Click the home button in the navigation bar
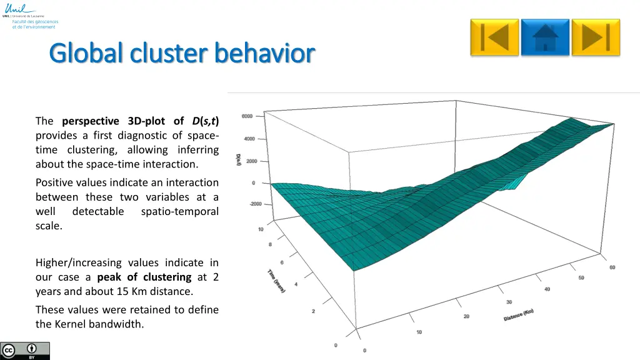tap(545, 37)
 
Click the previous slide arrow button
tap(494, 37)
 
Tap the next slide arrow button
tap(596, 37)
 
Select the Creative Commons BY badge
tap(25, 351)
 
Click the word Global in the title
tap(87, 54)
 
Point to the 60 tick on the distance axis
tap(612, 267)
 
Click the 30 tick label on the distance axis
tap(509, 302)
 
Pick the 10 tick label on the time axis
tap(261, 229)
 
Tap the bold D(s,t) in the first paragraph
tap(205, 121)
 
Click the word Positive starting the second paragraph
tap(54, 182)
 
